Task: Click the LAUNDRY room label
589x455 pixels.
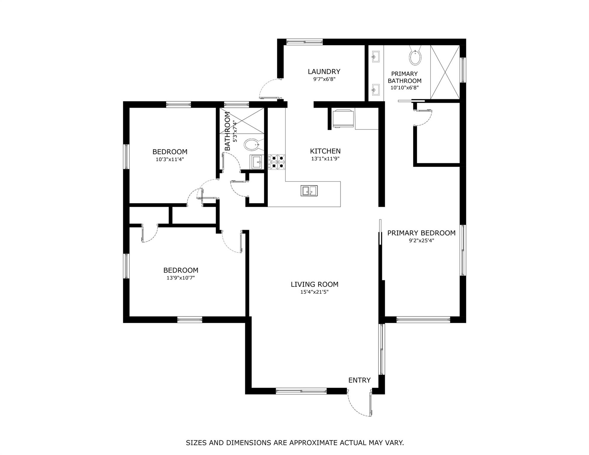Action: [x=324, y=71]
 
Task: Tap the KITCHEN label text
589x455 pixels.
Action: [x=325, y=151]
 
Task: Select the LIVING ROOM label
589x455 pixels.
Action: [x=314, y=284]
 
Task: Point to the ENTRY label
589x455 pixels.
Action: [x=359, y=380]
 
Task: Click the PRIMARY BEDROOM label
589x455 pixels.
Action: [x=421, y=233]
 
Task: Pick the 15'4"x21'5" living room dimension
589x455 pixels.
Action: [x=314, y=292]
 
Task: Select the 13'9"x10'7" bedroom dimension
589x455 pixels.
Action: [x=180, y=278]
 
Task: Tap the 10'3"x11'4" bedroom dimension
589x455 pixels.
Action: [x=170, y=159]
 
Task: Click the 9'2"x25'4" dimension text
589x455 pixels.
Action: [x=421, y=241]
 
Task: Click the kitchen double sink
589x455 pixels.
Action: [x=309, y=191]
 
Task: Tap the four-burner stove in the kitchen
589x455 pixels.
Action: [x=277, y=162]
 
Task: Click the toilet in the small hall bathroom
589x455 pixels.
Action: [x=252, y=145]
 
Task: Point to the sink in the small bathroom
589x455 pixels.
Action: [x=257, y=162]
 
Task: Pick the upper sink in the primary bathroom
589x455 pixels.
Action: [x=375, y=56]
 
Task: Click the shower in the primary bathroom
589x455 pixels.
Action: [x=445, y=72]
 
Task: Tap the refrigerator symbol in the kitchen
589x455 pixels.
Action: [x=343, y=118]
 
